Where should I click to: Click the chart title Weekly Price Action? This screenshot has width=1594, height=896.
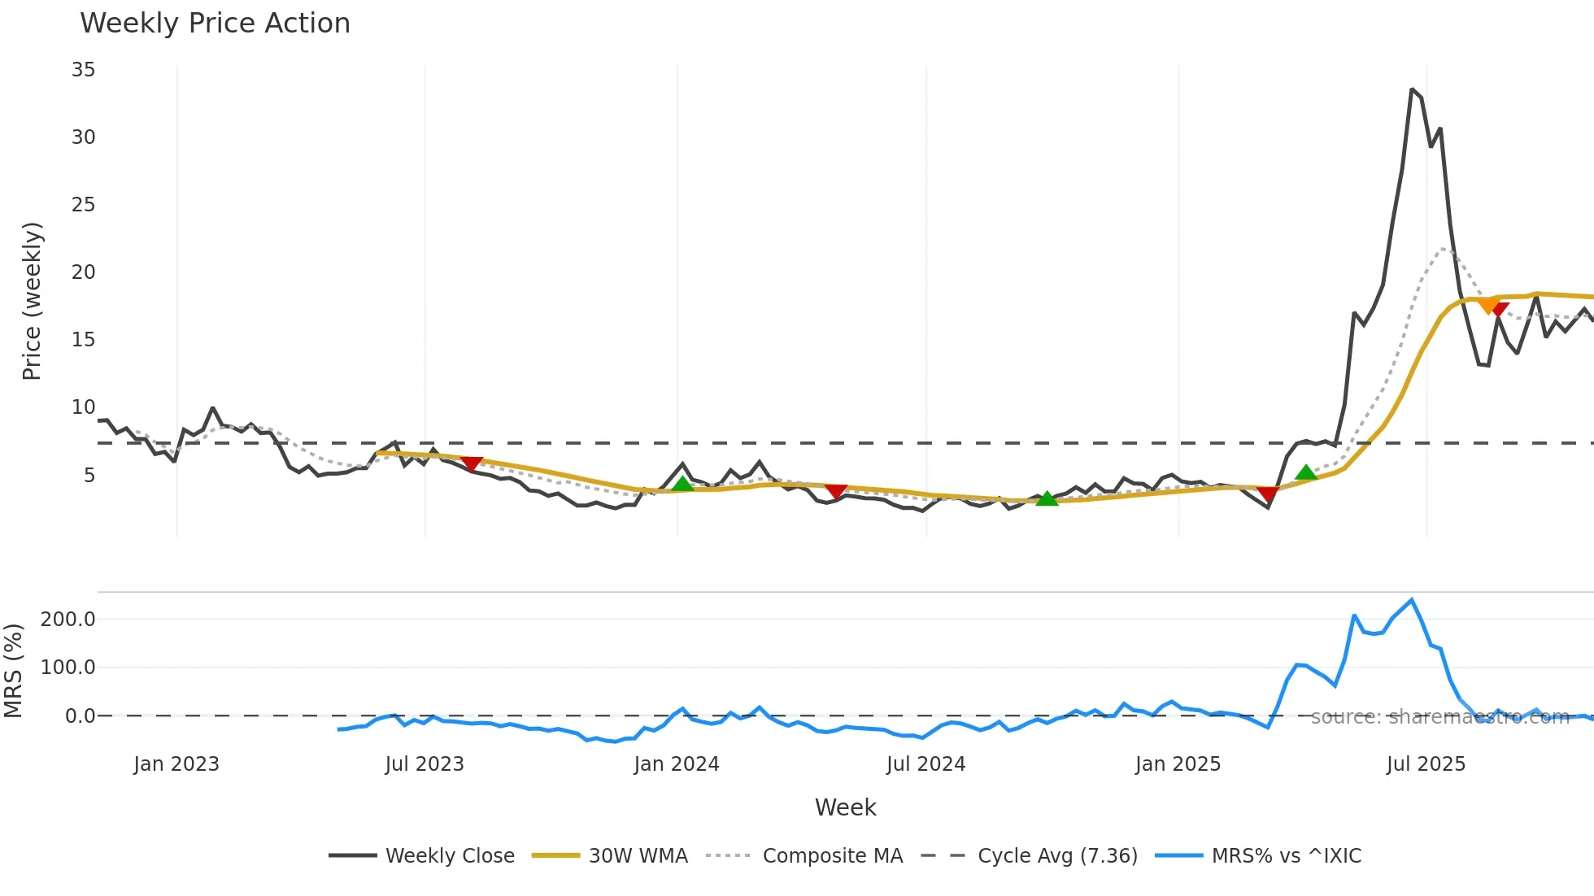[215, 24]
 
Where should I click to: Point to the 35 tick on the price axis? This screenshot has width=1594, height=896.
[83, 70]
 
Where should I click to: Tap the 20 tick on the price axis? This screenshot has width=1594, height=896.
[83, 272]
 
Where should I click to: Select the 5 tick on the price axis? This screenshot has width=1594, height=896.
[89, 475]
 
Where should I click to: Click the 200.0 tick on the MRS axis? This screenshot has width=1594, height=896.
[68, 620]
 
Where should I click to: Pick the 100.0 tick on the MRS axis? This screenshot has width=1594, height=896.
[68, 668]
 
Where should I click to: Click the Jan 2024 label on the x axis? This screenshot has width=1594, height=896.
[677, 764]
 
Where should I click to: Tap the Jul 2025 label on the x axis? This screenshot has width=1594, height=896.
[1426, 764]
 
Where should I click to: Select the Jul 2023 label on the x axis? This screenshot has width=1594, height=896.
[425, 764]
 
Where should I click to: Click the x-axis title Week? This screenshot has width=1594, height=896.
[845, 807]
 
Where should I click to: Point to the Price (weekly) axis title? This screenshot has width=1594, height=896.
[32, 301]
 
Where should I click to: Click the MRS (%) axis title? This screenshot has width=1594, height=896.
[13, 671]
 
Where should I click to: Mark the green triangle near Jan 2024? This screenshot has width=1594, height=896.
[682, 485]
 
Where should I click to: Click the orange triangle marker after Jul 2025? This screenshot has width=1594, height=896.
[1488, 306]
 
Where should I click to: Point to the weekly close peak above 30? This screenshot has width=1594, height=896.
[1412, 89]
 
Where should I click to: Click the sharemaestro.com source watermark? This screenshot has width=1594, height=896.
[1439, 717]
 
